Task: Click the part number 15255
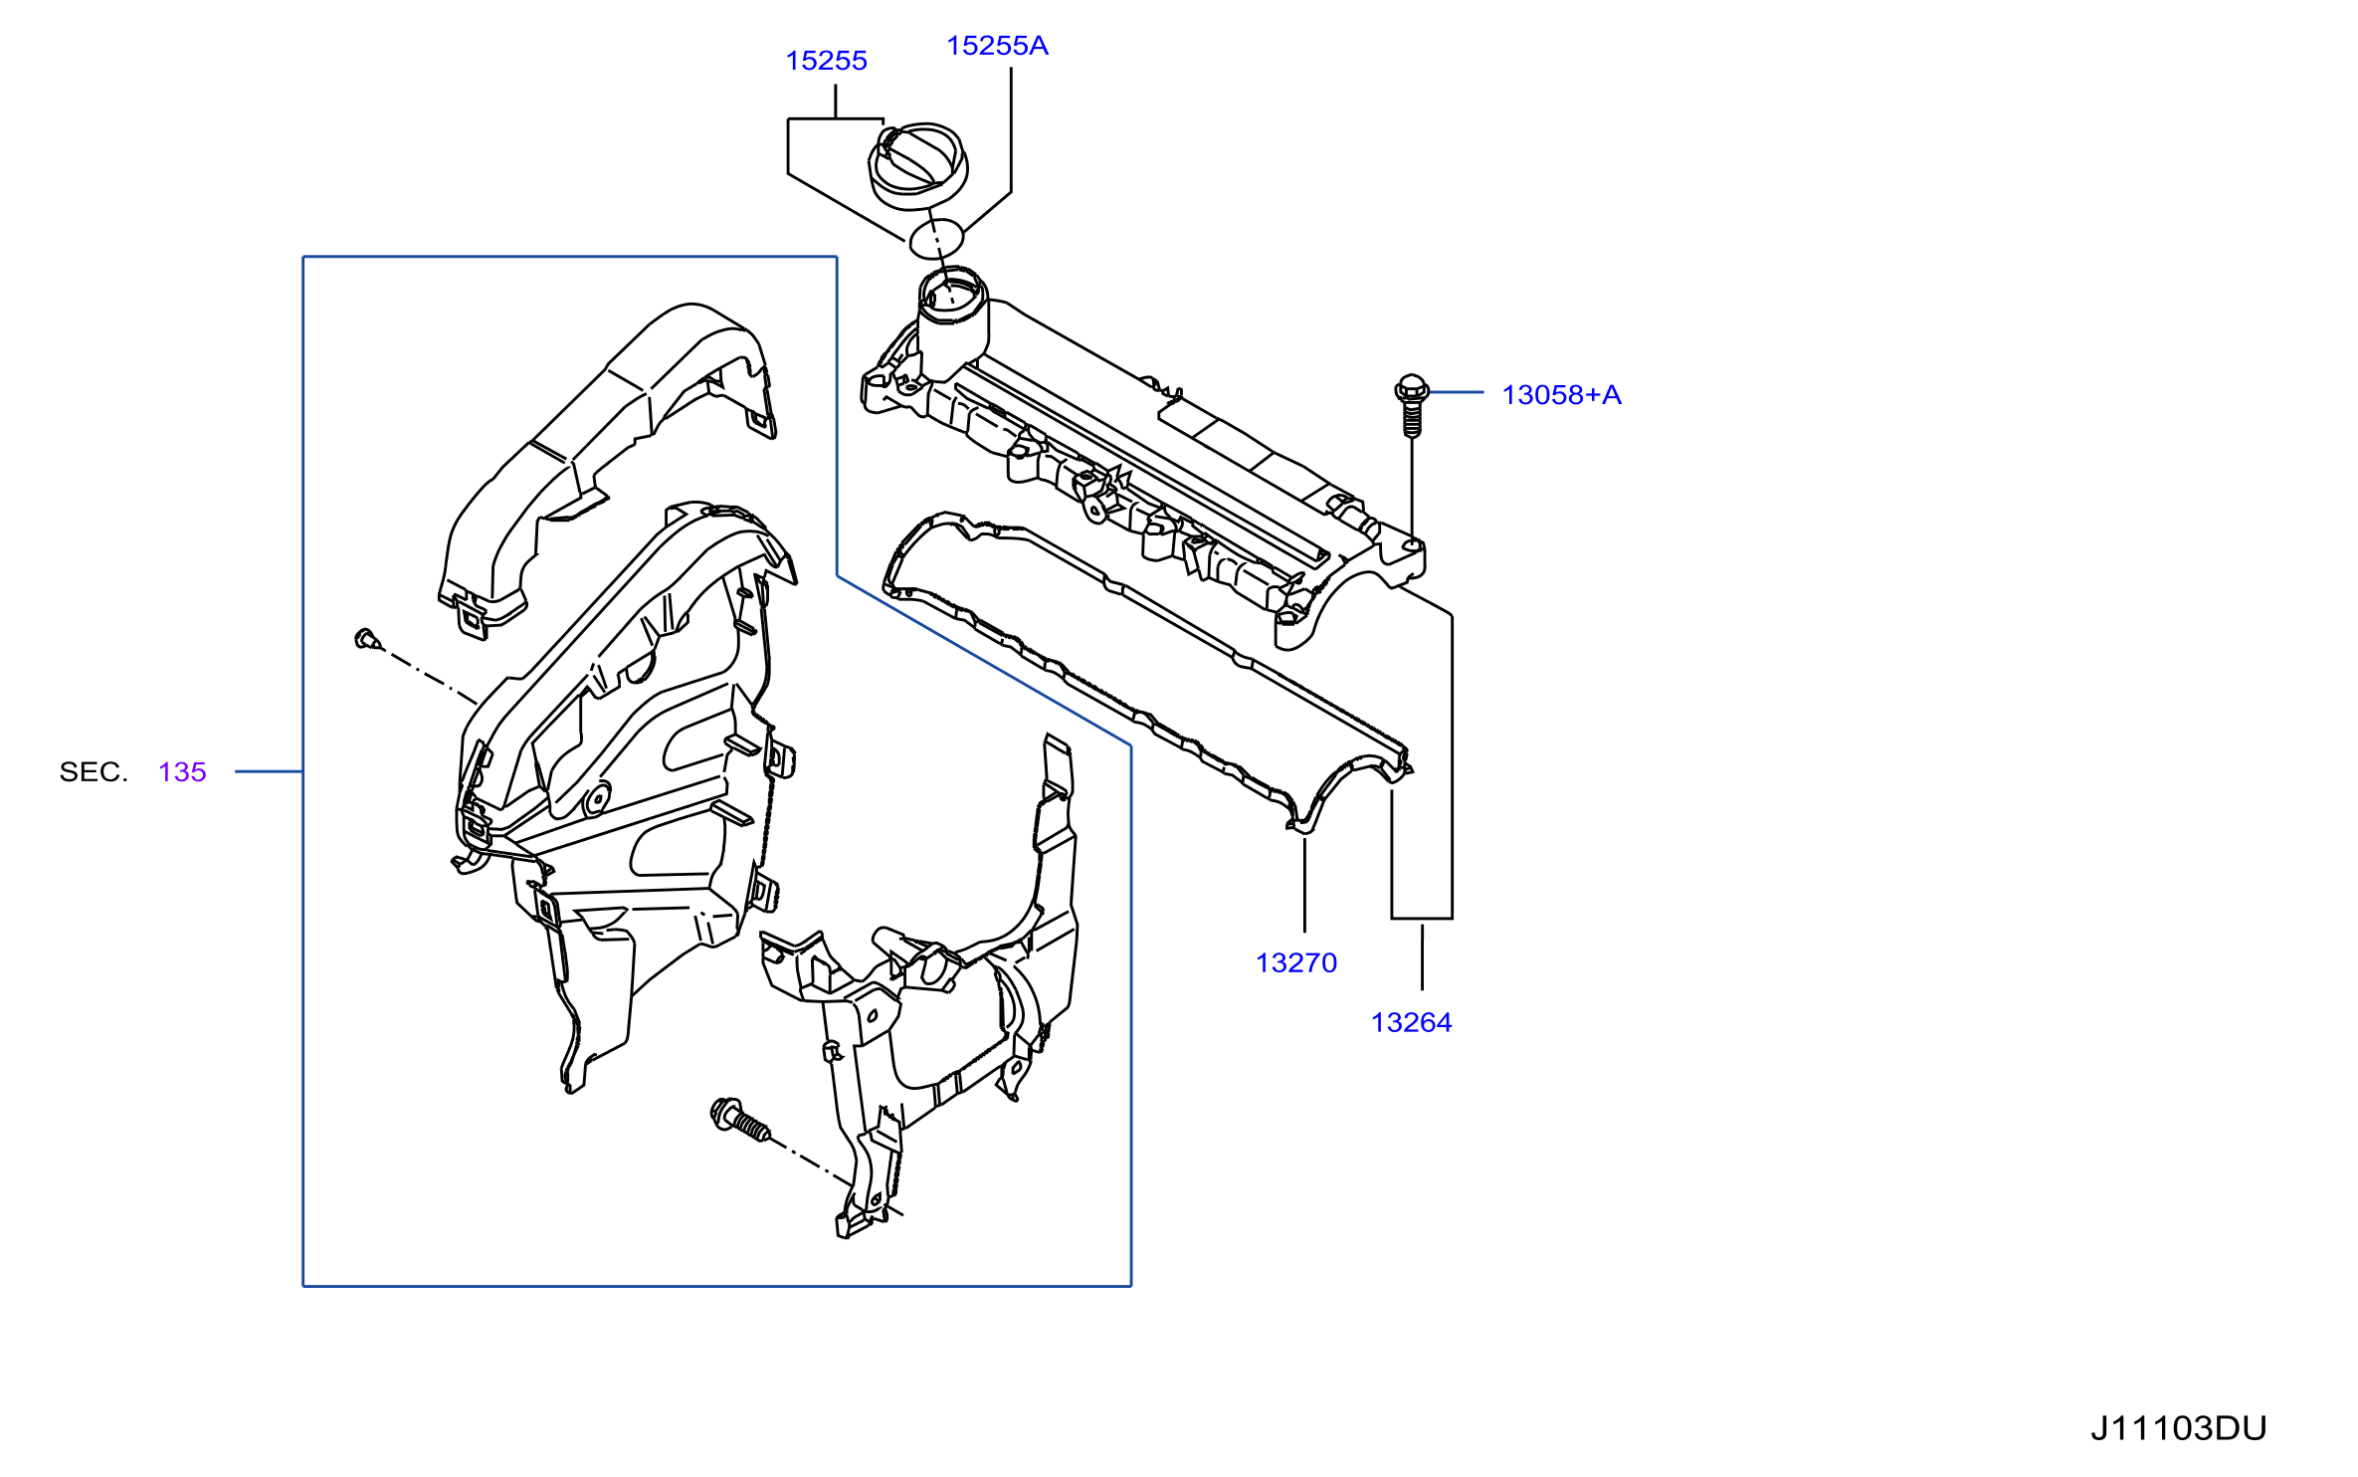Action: [826, 61]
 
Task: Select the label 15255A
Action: [997, 46]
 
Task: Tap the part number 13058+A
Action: [1561, 395]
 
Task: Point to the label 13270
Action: [1296, 962]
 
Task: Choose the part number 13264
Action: [1411, 1022]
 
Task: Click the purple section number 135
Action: [182, 771]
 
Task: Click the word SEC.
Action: [94, 771]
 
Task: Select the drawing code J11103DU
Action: [2178, 1428]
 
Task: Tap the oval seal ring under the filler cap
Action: [937, 237]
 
